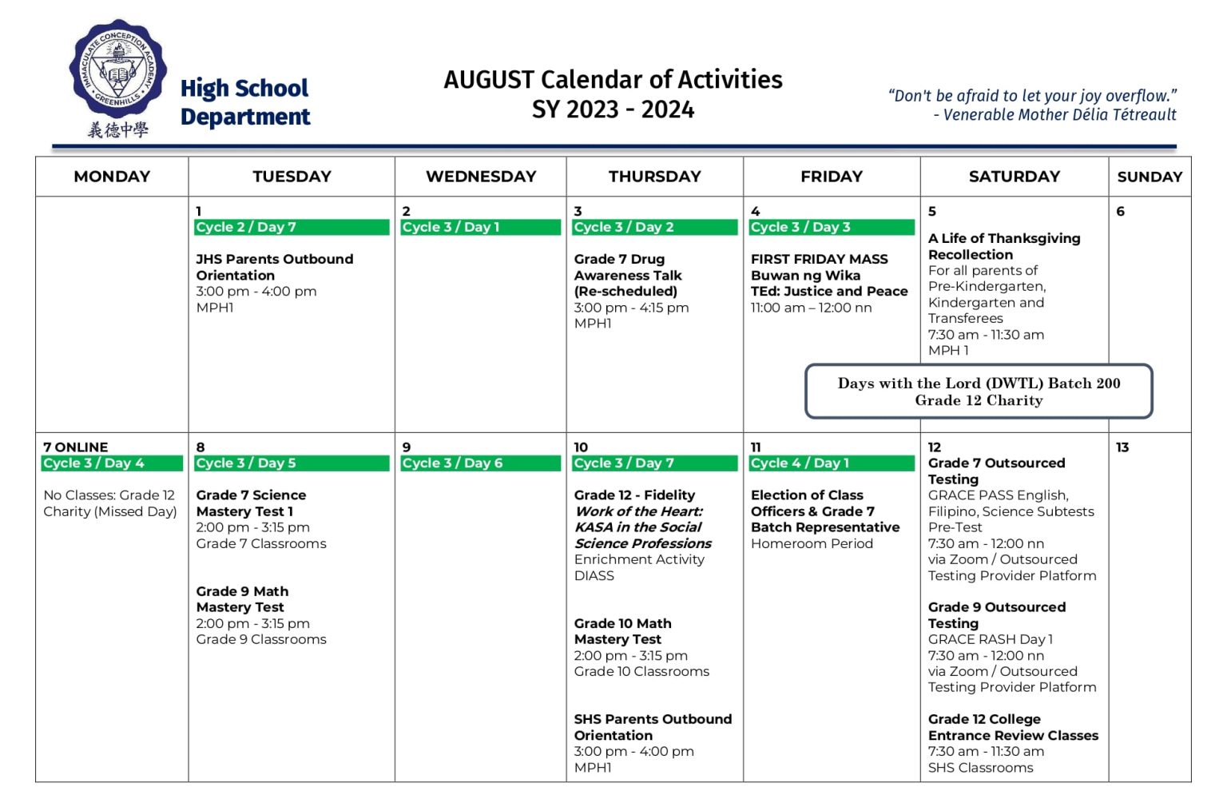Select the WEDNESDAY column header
(x=481, y=177)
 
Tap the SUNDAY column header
(x=1150, y=177)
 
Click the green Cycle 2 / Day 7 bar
(x=292, y=228)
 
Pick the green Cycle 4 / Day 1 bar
(x=831, y=463)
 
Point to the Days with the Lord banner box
(x=979, y=392)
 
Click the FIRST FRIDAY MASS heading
(x=819, y=259)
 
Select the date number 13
(x=1122, y=447)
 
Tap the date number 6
(x=1120, y=212)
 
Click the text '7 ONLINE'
(x=76, y=447)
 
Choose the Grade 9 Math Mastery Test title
(x=242, y=599)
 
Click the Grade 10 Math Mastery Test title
(x=622, y=631)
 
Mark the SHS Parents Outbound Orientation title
(x=653, y=727)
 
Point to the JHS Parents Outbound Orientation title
(x=274, y=267)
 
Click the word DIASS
(x=594, y=575)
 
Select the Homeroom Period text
(x=812, y=543)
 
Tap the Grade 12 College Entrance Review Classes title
(x=1013, y=727)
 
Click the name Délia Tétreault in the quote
(x=1126, y=115)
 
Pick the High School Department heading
(x=244, y=102)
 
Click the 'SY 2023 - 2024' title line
(x=613, y=109)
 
